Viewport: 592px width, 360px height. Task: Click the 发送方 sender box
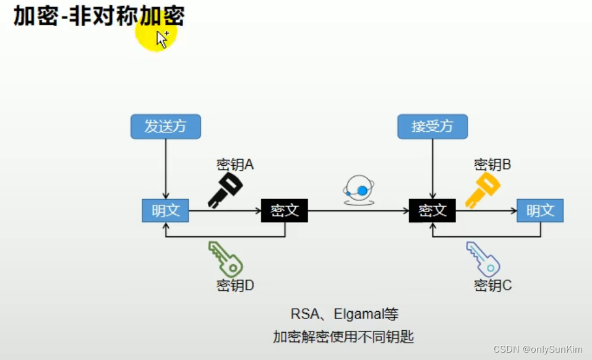tap(166, 127)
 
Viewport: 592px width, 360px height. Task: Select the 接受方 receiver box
tap(432, 127)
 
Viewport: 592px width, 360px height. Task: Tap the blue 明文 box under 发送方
tap(165, 210)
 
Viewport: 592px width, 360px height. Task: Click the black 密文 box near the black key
tap(285, 210)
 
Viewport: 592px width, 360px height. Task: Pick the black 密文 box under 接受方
tap(432, 210)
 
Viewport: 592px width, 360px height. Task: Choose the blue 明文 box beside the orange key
tap(540, 210)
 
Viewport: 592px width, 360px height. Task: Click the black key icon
tap(225, 189)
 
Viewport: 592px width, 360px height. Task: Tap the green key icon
tap(226, 259)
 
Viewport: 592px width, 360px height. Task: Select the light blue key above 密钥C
tap(483, 259)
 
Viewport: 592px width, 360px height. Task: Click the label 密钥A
tap(235, 165)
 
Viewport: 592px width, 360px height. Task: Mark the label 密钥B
tap(492, 165)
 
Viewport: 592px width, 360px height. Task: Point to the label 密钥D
tap(235, 286)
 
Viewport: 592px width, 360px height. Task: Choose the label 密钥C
tap(492, 286)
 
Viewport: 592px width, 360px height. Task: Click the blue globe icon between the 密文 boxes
tap(359, 190)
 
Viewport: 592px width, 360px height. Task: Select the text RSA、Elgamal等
tap(345, 314)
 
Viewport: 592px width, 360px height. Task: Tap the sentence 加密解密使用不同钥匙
tap(343, 337)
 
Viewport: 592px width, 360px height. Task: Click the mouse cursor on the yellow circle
tap(161, 38)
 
